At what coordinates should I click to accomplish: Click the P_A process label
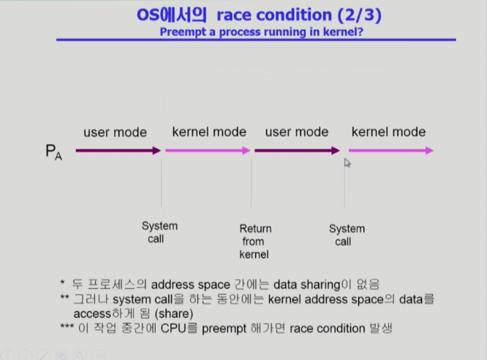click(53, 152)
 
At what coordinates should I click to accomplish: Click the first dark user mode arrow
click(118, 151)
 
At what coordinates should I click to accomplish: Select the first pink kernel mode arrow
click(208, 151)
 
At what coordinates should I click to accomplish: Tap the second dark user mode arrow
click(297, 151)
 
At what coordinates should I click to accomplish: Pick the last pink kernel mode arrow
click(391, 151)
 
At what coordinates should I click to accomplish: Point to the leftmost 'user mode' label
click(115, 132)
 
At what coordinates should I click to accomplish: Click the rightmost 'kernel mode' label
click(388, 132)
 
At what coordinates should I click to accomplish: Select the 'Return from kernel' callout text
click(255, 241)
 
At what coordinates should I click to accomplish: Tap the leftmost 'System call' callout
click(159, 232)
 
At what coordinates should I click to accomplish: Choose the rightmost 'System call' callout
click(347, 235)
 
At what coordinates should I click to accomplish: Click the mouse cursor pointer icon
click(347, 162)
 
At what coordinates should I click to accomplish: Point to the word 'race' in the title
click(233, 15)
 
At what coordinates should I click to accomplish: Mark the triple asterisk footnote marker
click(67, 327)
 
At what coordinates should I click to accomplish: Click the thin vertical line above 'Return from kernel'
click(251, 182)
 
